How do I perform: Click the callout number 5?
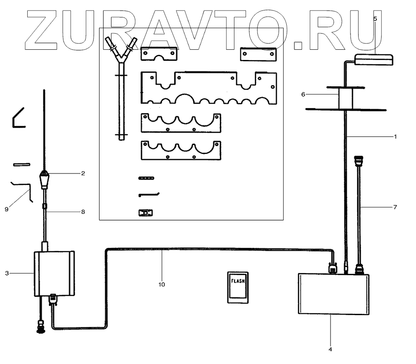click(375, 19)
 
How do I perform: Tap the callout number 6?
click(303, 94)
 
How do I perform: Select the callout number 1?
click(395, 137)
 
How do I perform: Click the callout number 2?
click(83, 173)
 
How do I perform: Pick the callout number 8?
click(83, 211)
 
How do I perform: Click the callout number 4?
click(330, 350)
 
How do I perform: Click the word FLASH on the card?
click(238, 281)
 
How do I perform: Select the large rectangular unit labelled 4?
click(333, 294)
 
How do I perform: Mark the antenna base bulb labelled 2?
click(44, 175)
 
